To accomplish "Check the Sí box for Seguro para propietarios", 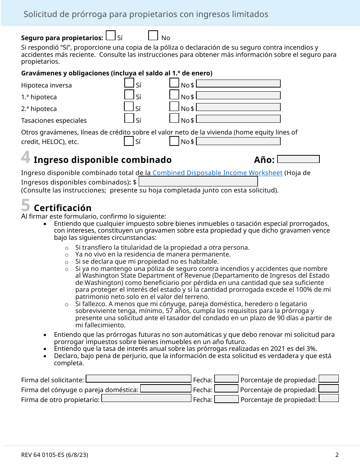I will [x=111, y=36].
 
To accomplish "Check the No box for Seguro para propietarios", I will [x=153, y=36].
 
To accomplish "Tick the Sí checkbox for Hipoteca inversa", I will [x=129, y=83].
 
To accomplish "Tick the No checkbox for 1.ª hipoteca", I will [x=174, y=95].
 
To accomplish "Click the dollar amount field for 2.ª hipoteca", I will [x=238, y=107].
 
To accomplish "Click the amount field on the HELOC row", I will [x=238, y=141].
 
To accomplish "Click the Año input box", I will [x=299, y=159].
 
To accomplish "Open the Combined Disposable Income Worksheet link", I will [x=217, y=173].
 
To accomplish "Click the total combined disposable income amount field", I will [x=198, y=181].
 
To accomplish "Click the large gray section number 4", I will [x=26, y=157].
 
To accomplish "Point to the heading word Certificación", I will [x=63, y=208].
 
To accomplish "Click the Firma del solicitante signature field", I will [x=139, y=378].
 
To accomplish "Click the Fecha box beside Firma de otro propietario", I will [x=226, y=399].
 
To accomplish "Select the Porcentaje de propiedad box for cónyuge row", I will [x=329, y=388].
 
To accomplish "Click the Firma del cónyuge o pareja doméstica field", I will [x=166, y=388].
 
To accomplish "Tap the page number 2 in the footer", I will [x=337, y=455].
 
